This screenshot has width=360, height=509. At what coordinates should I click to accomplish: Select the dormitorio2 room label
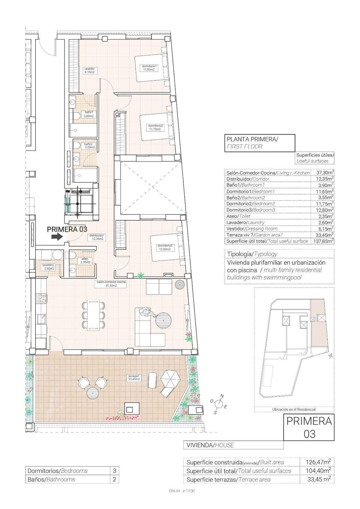coord(155,127)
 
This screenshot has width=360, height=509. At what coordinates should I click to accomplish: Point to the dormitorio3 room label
coord(164,247)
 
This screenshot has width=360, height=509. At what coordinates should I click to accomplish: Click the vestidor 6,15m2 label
coord(89,70)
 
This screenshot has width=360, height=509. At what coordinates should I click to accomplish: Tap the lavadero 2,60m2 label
coord(48,267)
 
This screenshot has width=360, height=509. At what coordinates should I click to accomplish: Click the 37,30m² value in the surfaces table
coord(325,173)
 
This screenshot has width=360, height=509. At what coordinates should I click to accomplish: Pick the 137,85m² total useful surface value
coord(323,241)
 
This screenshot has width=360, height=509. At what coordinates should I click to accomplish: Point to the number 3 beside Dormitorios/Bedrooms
coord(114,471)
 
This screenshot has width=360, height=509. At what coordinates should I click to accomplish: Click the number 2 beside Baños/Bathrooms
coord(114,479)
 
